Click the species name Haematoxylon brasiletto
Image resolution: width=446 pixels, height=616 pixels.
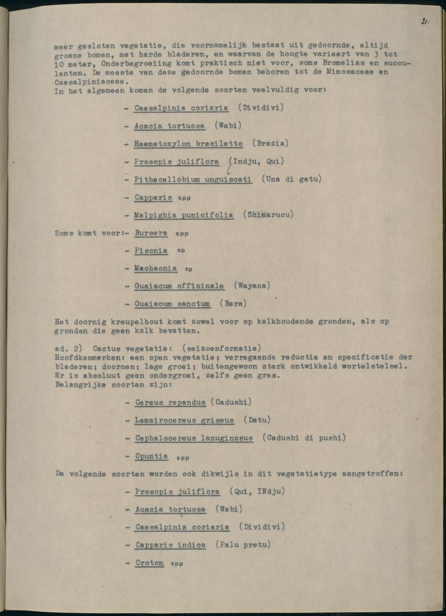188,144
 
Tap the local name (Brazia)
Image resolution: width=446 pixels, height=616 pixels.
270,144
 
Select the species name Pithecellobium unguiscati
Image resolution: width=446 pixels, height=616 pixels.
193,179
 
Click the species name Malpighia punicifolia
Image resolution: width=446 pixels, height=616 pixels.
184,215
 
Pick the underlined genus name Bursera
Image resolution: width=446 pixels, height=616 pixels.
151,233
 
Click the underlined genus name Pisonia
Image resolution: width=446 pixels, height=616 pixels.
151,251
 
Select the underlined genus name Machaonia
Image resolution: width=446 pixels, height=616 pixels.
155,268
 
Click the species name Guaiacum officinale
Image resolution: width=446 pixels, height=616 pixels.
179,286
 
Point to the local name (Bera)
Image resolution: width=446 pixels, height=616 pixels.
233,304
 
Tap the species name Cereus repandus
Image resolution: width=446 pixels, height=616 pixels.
170,403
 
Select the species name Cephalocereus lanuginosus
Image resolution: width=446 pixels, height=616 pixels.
194,438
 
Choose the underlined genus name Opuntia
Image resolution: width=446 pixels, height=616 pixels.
152,456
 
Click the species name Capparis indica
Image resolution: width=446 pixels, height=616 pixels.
170,545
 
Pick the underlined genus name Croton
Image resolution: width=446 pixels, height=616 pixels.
150,563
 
